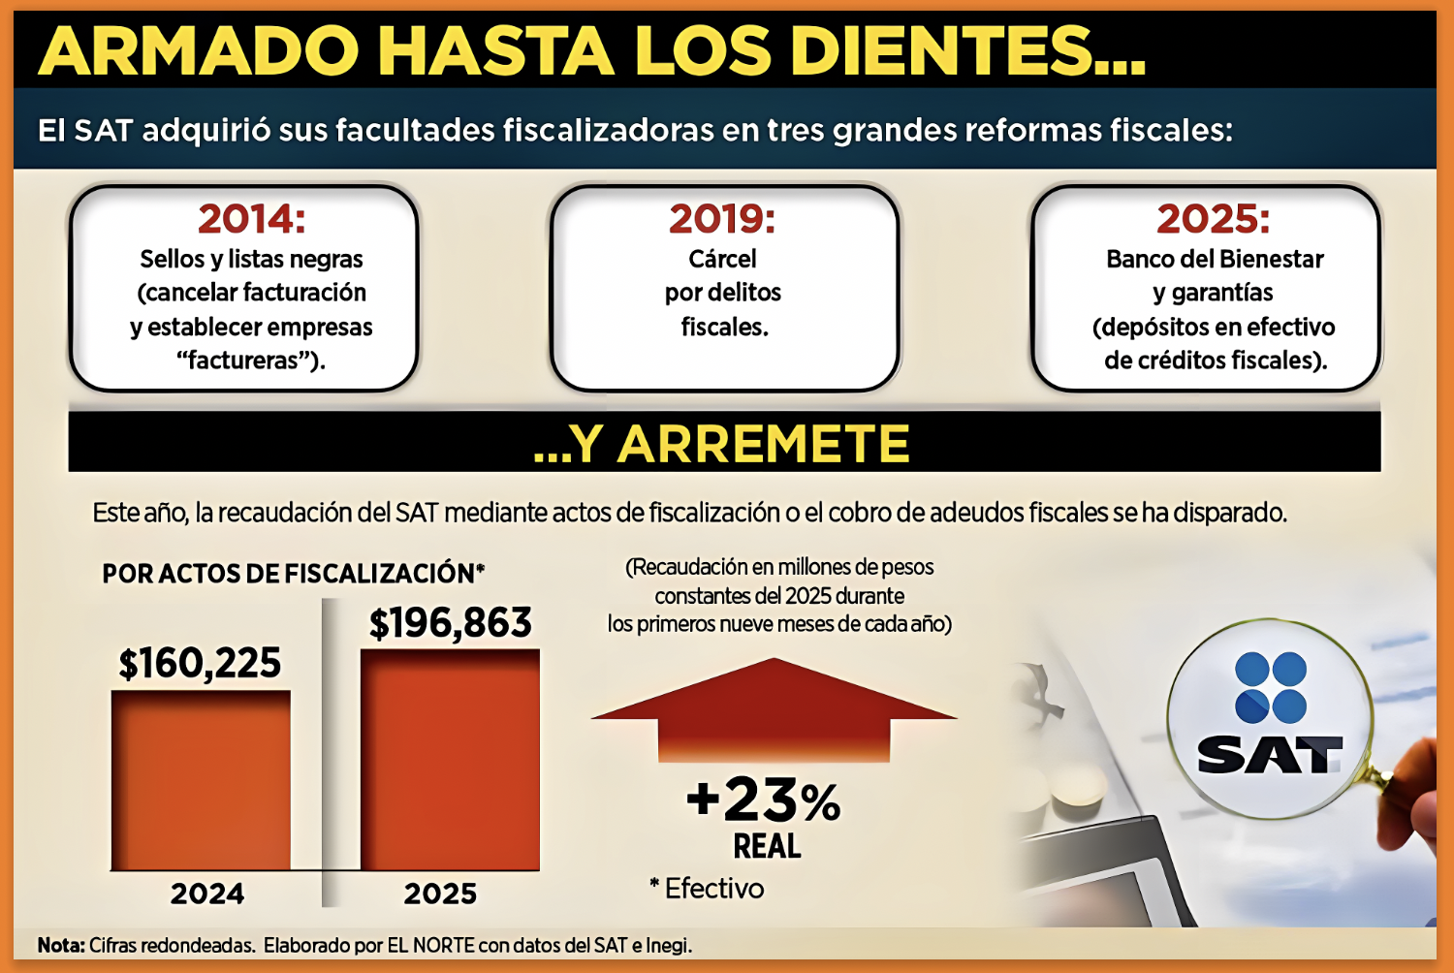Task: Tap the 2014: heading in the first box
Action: tap(251, 219)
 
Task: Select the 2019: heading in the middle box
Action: tap(722, 219)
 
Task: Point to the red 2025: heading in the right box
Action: tap(1213, 219)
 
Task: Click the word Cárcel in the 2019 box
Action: tap(722, 260)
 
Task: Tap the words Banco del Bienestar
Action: tap(1215, 260)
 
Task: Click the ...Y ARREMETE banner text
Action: tap(722, 444)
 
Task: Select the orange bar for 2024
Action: tap(201, 780)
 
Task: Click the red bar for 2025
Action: tap(450, 760)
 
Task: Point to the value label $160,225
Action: tap(200, 664)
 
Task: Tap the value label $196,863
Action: tap(451, 623)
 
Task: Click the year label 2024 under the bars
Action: tap(207, 894)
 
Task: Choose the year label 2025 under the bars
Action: tap(440, 894)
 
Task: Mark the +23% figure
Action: tap(764, 800)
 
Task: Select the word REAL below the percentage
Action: tap(767, 847)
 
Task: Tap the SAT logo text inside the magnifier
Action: tap(1269, 755)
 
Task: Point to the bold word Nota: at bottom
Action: tap(61, 946)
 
